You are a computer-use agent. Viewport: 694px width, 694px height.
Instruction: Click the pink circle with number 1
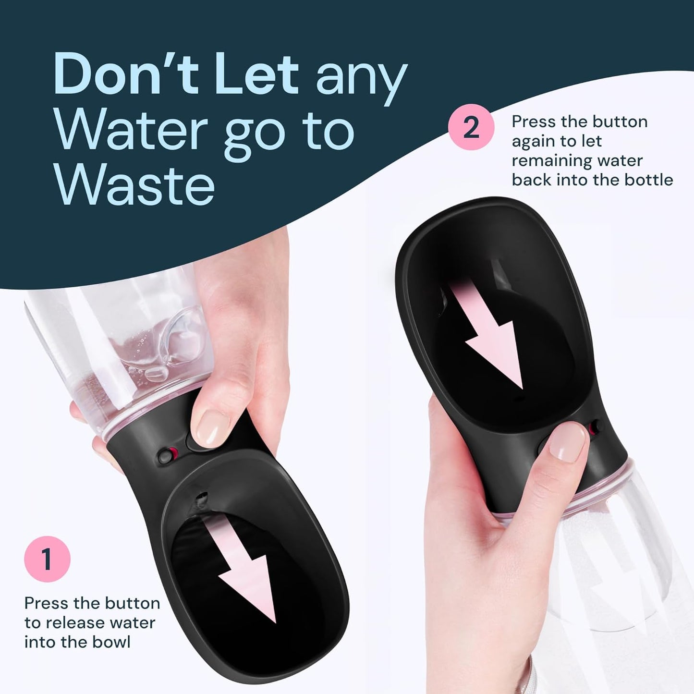(47, 560)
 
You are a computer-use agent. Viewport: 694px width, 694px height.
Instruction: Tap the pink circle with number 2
(471, 127)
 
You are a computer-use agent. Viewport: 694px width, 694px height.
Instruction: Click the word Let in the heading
(257, 75)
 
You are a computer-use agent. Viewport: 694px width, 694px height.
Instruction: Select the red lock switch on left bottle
(169, 454)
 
